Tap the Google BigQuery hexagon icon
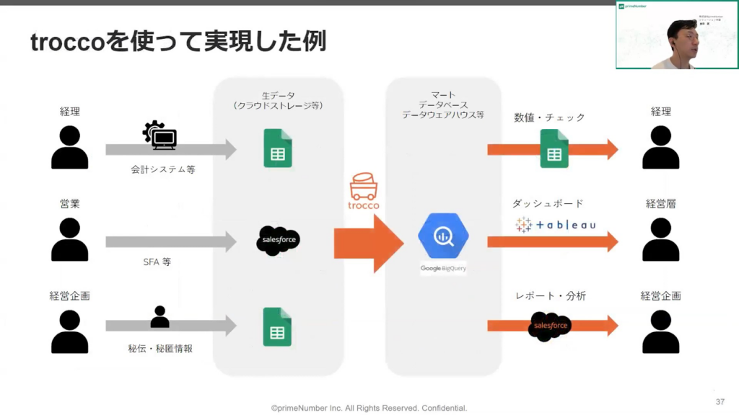(x=443, y=235)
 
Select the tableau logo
(x=556, y=225)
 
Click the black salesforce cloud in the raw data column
(x=278, y=241)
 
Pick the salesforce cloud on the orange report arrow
(x=551, y=326)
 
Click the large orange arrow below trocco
(x=368, y=244)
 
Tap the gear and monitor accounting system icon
(x=159, y=135)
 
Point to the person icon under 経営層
(x=660, y=239)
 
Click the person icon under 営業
(x=70, y=239)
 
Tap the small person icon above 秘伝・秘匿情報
(x=159, y=316)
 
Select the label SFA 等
(x=157, y=262)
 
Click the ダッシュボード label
(x=548, y=204)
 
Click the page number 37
(x=720, y=401)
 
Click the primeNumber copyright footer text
(x=369, y=408)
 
